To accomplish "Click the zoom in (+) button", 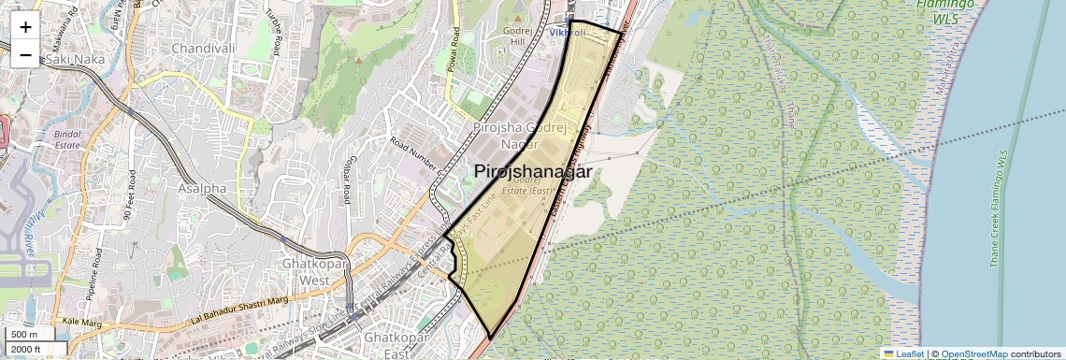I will click(x=25, y=26).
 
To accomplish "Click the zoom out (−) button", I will click(x=25, y=54).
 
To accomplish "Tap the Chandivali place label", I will click(x=201, y=47).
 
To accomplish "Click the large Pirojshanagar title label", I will click(x=533, y=172).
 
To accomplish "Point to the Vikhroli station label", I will click(x=567, y=33).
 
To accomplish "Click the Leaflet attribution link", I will click(x=903, y=354).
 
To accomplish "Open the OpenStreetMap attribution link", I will click(x=973, y=354).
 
